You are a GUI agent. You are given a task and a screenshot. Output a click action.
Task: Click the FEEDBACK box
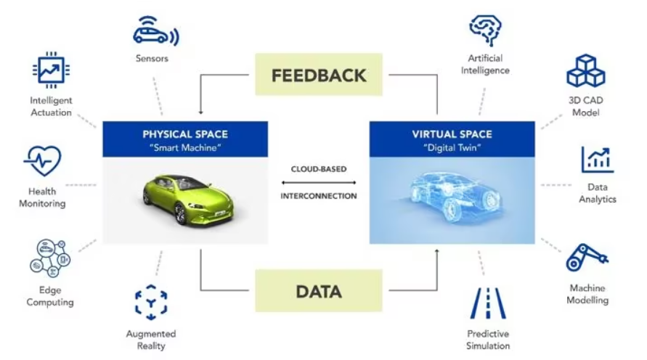pyautogui.click(x=319, y=75)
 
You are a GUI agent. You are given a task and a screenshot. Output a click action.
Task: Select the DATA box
pyautogui.click(x=319, y=291)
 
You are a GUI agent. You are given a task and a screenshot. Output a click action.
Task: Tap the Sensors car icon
pyautogui.click(x=156, y=31)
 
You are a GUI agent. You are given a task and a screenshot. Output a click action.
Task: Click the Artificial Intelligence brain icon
pyautogui.click(x=485, y=30)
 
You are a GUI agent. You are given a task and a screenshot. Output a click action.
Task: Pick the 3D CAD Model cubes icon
pyautogui.click(x=586, y=70)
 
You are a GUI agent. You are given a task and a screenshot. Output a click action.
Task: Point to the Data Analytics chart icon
pyautogui.click(x=598, y=160)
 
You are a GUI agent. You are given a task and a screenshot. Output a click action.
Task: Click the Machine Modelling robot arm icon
pyautogui.click(x=587, y=258)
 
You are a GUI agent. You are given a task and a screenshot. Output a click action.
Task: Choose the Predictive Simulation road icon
pyautogui.click(x=488, y=303)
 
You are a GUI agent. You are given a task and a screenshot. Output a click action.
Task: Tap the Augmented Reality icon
pyautogui.click(x=151, y=302)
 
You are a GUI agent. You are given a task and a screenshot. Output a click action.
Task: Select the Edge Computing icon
pyautogui.click(x=50, y=258)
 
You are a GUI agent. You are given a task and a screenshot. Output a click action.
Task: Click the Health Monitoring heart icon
pyautogui.click(x=43, y=161)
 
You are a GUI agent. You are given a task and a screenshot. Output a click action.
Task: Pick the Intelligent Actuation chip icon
pyautogui.click(x=51, y=70)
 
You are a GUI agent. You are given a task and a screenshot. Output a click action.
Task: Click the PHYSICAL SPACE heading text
pyautogui.click(x=185, y=134)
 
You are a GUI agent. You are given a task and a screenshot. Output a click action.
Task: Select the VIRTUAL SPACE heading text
pyautogui.click(x=452, y=134)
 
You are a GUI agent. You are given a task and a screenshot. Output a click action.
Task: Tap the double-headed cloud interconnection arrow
pyautogui.click(x=319, y=182)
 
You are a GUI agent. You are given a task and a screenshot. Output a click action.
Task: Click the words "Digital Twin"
pyautogui.click(x=452, y=147)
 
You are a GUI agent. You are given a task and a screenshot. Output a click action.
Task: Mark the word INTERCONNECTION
pyautogui.click(x=319, y=196)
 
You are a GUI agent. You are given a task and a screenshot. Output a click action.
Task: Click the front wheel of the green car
pyautogui.click(x=180, y=214)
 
